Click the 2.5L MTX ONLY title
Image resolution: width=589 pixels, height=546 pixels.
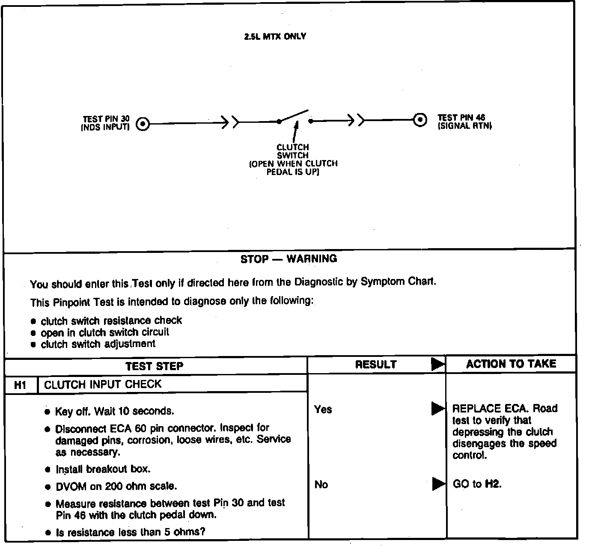275,36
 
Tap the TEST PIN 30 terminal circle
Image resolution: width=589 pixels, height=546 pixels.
143,125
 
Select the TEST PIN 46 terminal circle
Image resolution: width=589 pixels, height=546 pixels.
420,120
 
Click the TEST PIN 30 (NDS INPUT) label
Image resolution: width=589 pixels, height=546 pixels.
106,123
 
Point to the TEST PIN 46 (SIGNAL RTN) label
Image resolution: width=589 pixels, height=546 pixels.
464,122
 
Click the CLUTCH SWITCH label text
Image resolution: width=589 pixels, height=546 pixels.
293,151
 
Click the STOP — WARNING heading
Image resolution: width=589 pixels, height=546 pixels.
289,259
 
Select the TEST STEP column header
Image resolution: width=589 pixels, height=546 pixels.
154,366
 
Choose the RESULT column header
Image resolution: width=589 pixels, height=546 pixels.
376,365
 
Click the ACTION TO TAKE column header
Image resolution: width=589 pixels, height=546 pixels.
511,364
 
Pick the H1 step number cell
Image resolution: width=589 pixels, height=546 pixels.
21,385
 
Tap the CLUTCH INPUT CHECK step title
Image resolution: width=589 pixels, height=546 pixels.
103,384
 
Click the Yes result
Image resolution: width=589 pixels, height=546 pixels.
323,409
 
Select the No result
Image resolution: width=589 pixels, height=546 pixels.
321,484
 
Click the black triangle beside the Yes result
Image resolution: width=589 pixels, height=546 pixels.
437,409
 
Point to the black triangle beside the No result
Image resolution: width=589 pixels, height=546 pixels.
438,484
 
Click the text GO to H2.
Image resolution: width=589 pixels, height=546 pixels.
477,484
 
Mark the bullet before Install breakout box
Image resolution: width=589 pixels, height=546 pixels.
48,469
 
